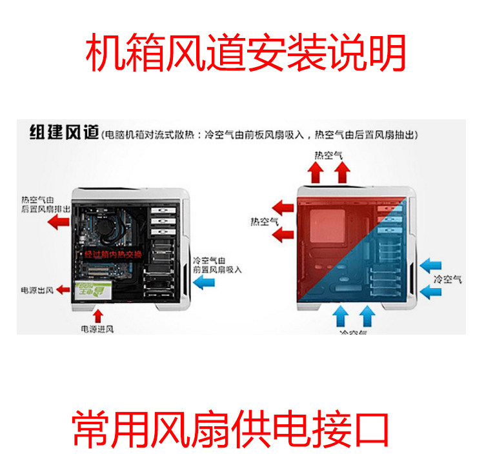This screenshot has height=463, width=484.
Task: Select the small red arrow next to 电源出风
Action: pyautogui.click(x=63, y=289)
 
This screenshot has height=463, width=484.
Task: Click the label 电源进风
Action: pyautogui.click(x=97, y=329)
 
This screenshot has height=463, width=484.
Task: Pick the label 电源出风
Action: pyautogui.click(x=37, y=290)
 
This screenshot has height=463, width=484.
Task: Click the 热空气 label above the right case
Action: pyautogui.click(x=328, y=155)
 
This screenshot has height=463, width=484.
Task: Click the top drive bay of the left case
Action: pyautogui.click(x=161, y=212)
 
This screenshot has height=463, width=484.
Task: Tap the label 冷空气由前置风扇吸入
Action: pyautogui.click(x=217, y=264)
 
